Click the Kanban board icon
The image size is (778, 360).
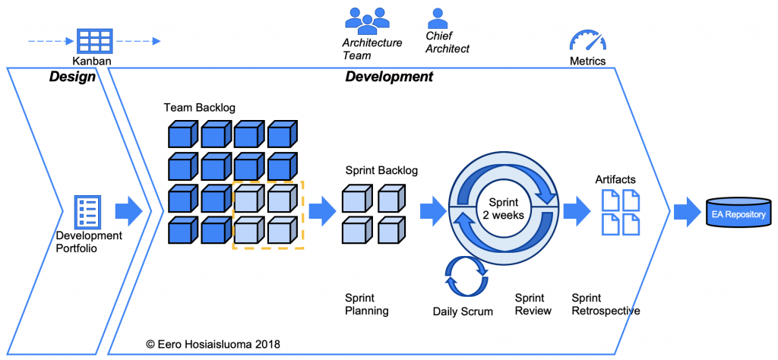pyautogui.click(x=95, y=41)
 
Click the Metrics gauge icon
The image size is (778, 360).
pyautogui.click(x=587, y=41)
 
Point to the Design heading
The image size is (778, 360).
pyautogui.click(x=72, y=77)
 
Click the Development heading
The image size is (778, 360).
pyautogui.click(x=389, y=77)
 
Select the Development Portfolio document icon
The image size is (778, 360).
pyautogui.click(x=86, y=211)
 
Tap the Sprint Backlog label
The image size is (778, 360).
pyautogui.click(x=381, y=170)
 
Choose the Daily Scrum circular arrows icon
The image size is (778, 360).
pyautogui.click(x=463, y=275)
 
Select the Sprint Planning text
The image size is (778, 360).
pyautogui.click(x=367, y=305)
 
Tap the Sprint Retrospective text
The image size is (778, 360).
pyautogui.click(x=605, y=305)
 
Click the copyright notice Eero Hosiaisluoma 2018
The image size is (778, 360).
pyautogui.click(x=214, y=344)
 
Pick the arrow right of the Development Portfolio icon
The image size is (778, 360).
pyautogui.click(x=128, y=211)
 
